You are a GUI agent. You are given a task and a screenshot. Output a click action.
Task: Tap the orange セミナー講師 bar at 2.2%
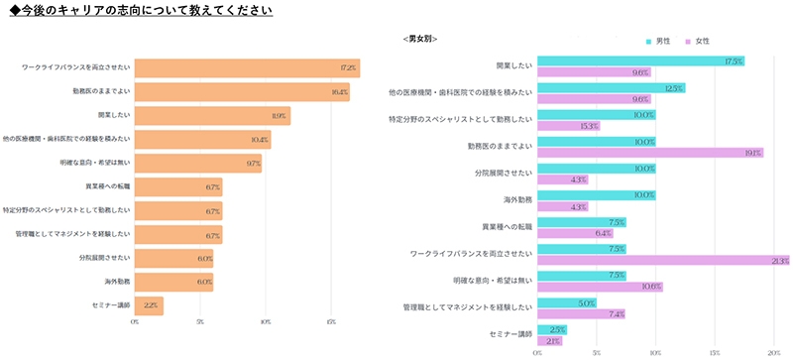point(149,305)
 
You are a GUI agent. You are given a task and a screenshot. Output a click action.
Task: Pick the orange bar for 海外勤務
point(173,282)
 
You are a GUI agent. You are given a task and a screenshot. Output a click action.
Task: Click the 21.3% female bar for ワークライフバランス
point(663,261)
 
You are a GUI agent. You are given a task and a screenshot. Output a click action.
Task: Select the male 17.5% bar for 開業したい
point(640,61)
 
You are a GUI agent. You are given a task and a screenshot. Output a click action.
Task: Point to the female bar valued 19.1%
point(650,153)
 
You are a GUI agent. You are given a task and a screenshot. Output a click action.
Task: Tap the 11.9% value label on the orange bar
point(279,116)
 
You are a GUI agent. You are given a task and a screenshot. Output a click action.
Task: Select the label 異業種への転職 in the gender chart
point(507,226)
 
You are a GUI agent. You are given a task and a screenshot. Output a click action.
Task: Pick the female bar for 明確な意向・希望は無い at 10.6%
point(600,287)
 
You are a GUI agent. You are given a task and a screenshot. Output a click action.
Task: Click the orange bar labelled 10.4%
point(202,140)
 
